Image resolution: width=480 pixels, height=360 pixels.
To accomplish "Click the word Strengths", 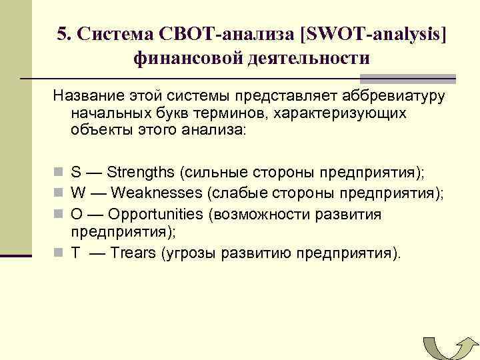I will coord(141,172).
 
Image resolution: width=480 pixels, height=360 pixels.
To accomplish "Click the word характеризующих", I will coord(335,113).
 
